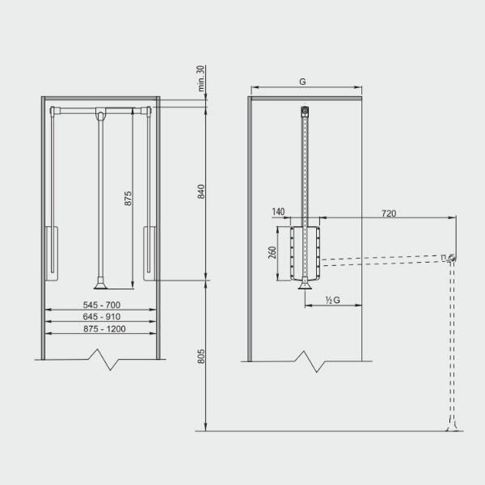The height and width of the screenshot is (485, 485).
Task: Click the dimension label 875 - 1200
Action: point(104,328)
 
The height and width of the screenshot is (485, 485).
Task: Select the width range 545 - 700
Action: point(102,305)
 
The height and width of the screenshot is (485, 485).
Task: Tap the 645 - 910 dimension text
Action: point(102,317)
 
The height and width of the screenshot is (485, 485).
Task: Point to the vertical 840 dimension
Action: point(201,192)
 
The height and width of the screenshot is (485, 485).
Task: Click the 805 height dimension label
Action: point(201,356)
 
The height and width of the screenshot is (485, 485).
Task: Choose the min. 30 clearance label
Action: point(200,78)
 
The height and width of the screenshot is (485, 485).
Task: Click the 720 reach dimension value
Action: point(389,213)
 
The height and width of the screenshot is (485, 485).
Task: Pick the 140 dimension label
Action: point(278,212)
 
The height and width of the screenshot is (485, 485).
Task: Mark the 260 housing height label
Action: point(272,252)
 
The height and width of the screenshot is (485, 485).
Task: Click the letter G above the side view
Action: point(302,82)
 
